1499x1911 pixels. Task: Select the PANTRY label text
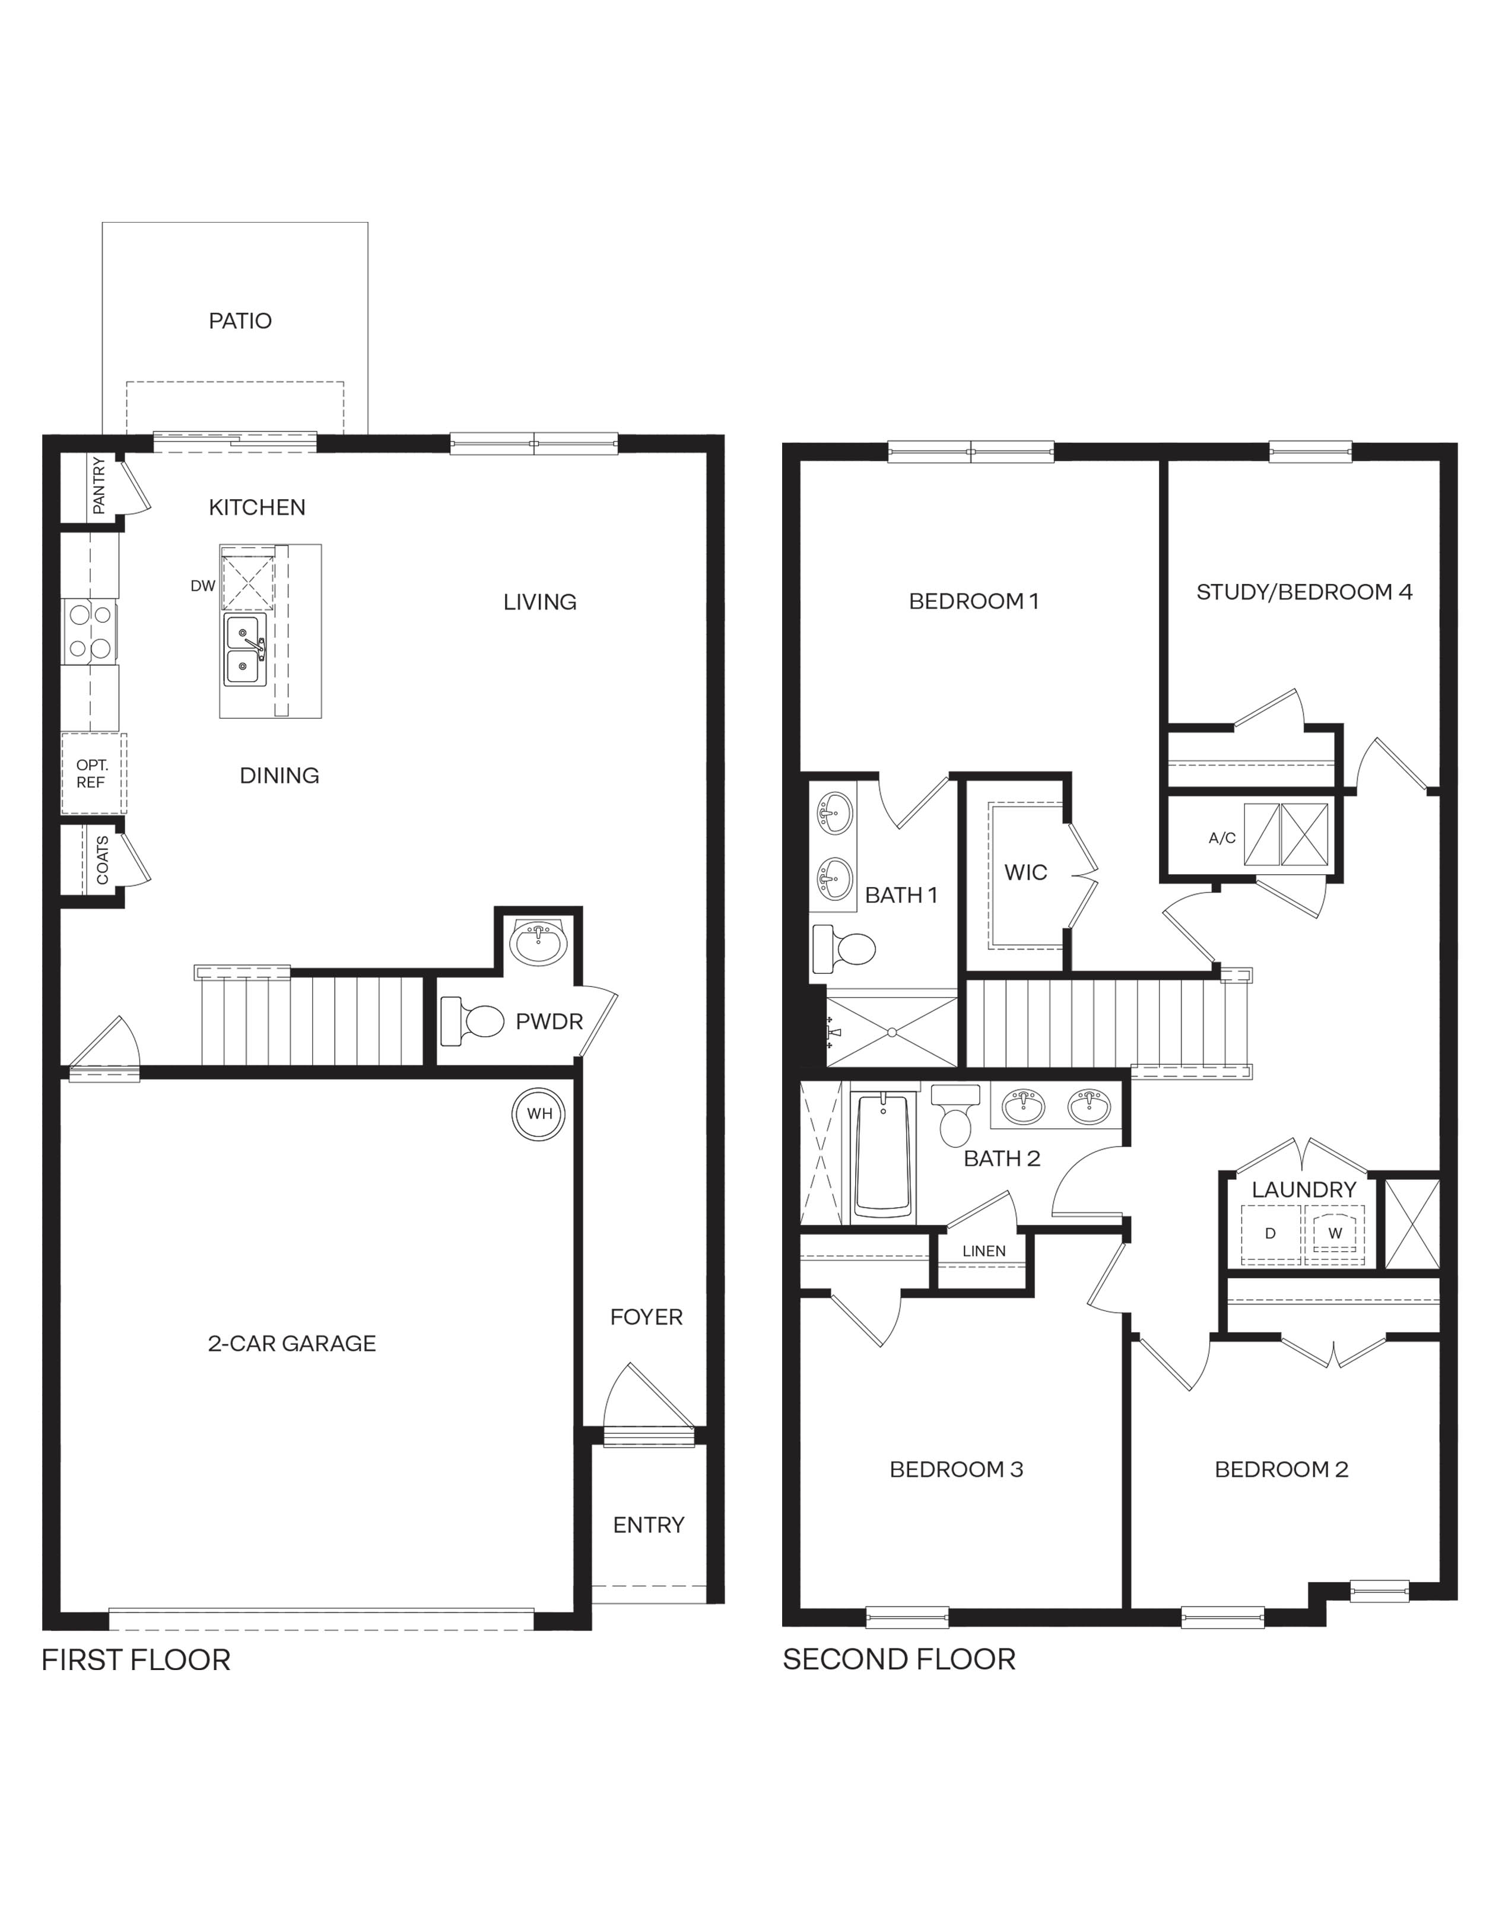click(99, 485)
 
